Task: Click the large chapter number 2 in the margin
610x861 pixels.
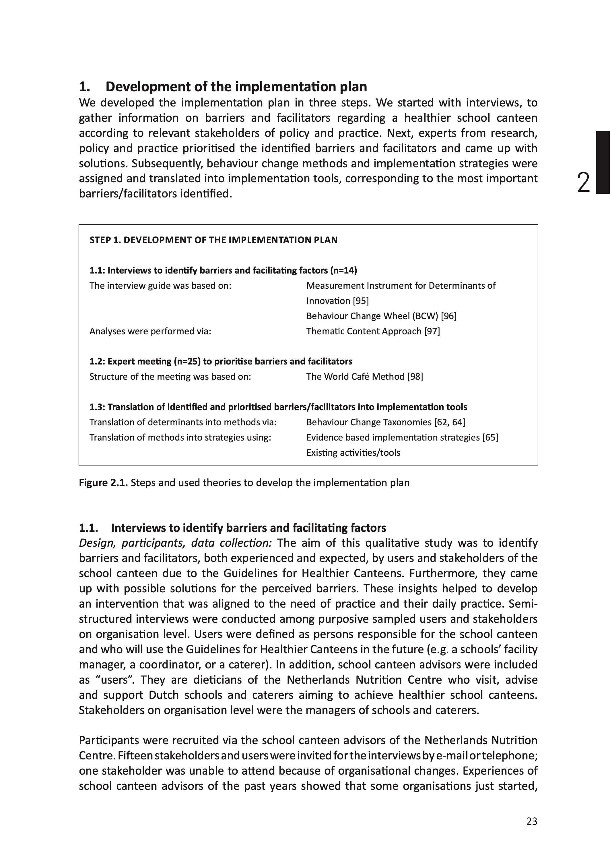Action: pyautogui.click(x=583, y=183)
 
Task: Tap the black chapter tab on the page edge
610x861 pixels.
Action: pyautogui.click(x=603, y=162)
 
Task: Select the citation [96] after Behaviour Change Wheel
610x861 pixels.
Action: pyautogui.click(x=448, y=316)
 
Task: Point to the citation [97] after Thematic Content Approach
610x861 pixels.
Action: pyautogui.click(x=432, y=331)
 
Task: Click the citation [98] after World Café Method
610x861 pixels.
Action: pyautogui.click(x=415, y=377)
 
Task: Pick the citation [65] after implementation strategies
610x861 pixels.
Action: pyautogui.click(x=490, y=437)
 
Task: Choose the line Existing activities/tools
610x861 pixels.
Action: pyautogui.click(x=353, y=453)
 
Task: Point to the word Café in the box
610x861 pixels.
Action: pyautogui.click(x=379, y=377)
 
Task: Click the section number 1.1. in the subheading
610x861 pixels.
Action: pyautogui.click(x=89, y=528)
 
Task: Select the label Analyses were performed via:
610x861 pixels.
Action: pyautogui.click(x=150, y=331)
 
